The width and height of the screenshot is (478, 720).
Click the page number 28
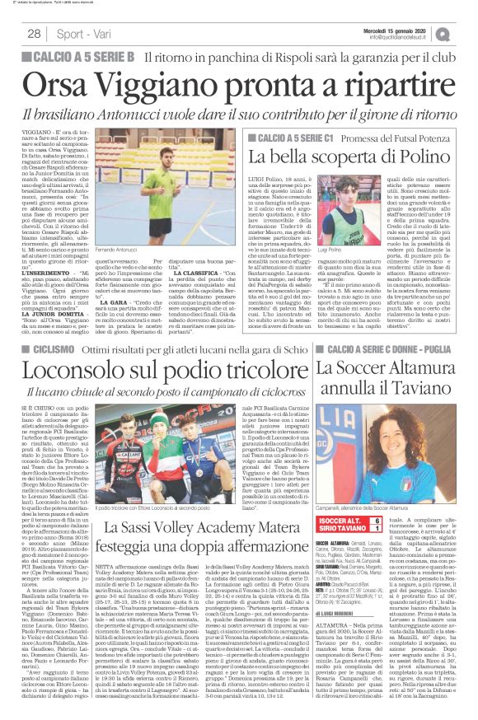point(35,32)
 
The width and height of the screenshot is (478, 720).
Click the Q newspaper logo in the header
point(463,32)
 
